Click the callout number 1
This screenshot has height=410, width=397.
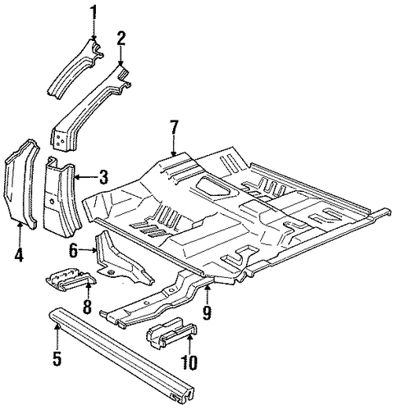click(x=94, y=12)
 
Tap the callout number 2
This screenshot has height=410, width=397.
click(x=121, y=39)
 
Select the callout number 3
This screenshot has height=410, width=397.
click(x=103, y=177)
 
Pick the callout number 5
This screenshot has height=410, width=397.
click(x=57, y=358)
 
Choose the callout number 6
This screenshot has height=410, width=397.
click(x=73, y=250)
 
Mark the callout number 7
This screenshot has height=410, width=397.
click(x=174, y=128)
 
